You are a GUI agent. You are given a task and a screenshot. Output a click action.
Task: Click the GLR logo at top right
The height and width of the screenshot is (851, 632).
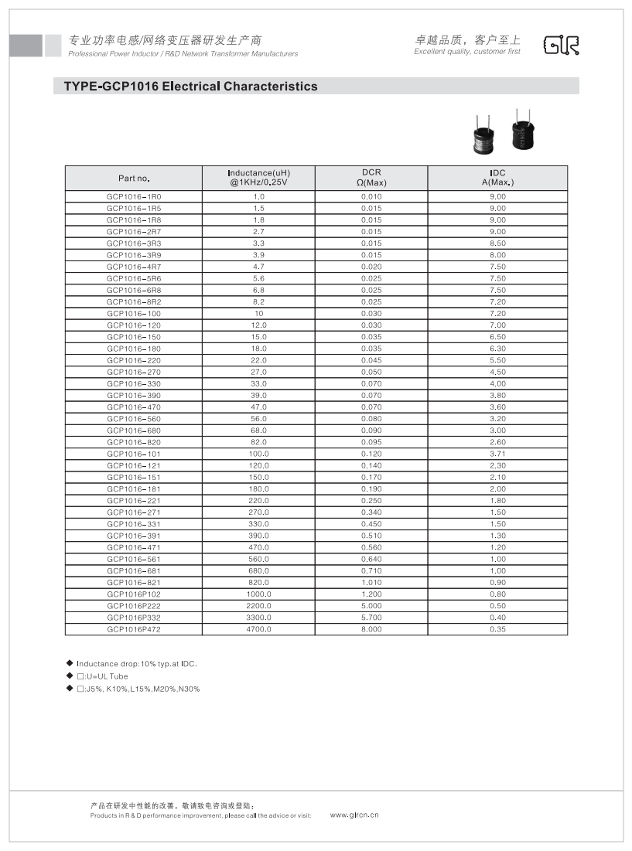[x=562, y=46]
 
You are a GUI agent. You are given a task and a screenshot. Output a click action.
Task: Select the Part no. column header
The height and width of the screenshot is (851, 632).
[x=133, y=179]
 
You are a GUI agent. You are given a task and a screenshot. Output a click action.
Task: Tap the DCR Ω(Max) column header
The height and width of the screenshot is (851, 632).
[x=371, y=178]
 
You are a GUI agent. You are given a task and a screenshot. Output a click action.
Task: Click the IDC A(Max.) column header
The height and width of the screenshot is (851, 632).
[x=497, y=178]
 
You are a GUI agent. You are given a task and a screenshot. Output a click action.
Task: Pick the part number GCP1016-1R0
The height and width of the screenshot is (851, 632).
[x=134, y=196]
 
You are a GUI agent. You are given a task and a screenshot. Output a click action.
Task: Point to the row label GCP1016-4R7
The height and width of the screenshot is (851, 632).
[x=134, y=267]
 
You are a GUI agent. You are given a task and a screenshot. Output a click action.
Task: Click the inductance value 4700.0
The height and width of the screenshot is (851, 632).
[x=258, y=629]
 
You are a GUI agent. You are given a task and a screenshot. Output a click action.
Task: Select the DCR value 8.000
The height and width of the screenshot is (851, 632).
[x=371, y=629]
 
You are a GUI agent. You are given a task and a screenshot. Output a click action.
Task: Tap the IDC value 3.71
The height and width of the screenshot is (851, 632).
[x=497, y=454]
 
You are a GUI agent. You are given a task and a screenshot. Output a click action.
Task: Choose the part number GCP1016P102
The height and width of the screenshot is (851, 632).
[x=134, y=594]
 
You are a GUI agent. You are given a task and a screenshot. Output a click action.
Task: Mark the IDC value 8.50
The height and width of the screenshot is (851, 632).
[x=497, y=243]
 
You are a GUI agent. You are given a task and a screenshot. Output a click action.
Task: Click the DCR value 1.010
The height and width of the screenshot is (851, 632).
[x=371, y=583]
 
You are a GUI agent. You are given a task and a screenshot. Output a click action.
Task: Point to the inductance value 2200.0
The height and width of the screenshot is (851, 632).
[x=258, y=606]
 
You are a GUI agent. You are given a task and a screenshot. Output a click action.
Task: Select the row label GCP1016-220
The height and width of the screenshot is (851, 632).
[x=134, y=360]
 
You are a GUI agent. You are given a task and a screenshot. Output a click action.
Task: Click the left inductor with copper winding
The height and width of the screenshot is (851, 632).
[x=484, y=136]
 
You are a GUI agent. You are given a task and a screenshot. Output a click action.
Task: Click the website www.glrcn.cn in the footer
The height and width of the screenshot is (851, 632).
[x=354, y=815]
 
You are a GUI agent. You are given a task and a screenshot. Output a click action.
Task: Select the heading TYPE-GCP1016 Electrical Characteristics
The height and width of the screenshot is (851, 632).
[x=185, y=87]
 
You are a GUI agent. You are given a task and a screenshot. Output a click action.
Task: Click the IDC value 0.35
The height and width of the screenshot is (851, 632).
[x=497, y=629]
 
